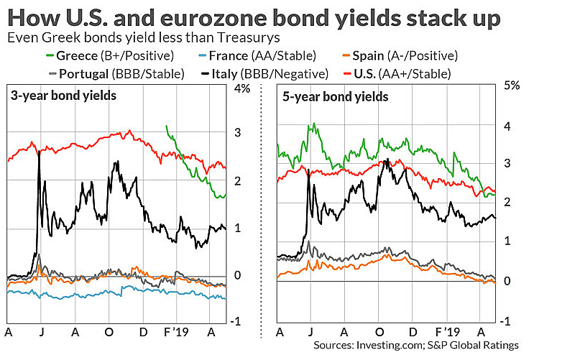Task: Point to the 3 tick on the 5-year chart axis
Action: tap(509, 164)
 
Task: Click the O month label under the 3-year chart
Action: tap(109, 333)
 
